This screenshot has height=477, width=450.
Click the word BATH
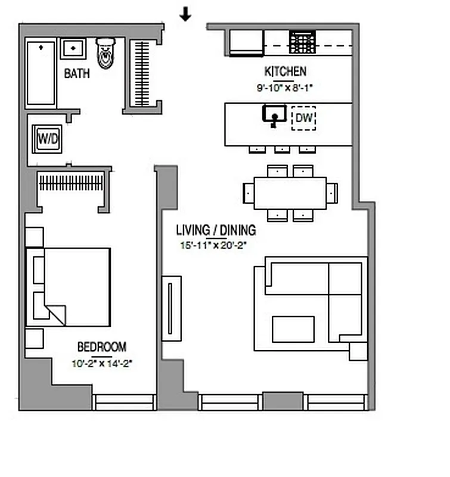pyautogui.click(x=77, y=74)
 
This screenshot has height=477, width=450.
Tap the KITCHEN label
pyautogui.click(x=285, y=72)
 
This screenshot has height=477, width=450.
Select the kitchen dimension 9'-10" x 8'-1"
pyautogui.click(x=284, y=87)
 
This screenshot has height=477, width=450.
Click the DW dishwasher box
pyautogui.click(x=304, y=119)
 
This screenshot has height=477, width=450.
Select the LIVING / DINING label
pyautogui.click(x=216, y=230)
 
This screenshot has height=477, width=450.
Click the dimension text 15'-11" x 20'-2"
pyautogui.click(x=213, y=244)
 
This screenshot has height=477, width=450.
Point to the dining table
pyautogui.click(x=290, y=193)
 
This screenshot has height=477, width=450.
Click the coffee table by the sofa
pyautogui.click(x=293, y=329)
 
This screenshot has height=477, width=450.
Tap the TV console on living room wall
pyautogui.click(x=172, y=308)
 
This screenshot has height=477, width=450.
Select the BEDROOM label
pyautogui.click(x=102, y=347)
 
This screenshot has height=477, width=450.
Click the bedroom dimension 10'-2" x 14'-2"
pyautogui.click(x=101, y=361)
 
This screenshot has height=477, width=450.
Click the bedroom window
pyautogui.click(x=124, y=402)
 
